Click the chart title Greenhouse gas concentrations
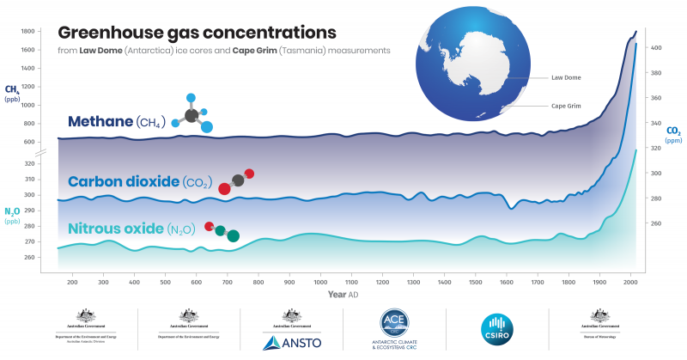[x=196, y=33]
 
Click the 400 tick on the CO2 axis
[x=655, y=48]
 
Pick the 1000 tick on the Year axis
[x=320, y=282]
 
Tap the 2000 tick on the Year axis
[x=630, y=282]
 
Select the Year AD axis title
[x=343, y=295]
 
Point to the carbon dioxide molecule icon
[x=237, y=181]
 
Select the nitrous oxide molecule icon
[x=222, y=231]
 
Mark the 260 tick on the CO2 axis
[x=655, y=223]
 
